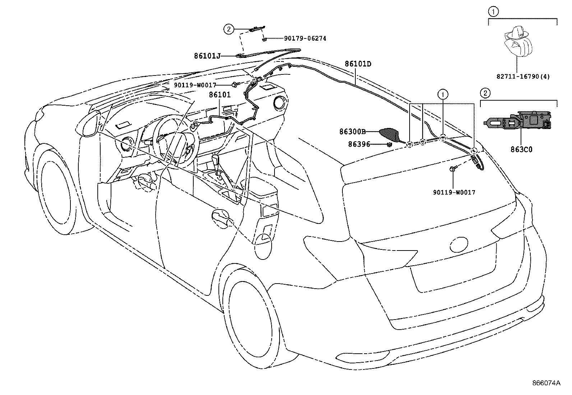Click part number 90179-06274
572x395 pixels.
[305, 38]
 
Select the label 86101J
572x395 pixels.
[207, 56]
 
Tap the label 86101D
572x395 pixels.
[358, 64]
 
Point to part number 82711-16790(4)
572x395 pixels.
[523, 77]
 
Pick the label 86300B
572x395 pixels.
[352, 132]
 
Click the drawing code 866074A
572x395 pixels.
[546, 383]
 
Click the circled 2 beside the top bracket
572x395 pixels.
[229, 28]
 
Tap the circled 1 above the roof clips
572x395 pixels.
[443, 94]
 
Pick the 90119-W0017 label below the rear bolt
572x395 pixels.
[454, 193]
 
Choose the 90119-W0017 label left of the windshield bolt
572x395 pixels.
[195, 85]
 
